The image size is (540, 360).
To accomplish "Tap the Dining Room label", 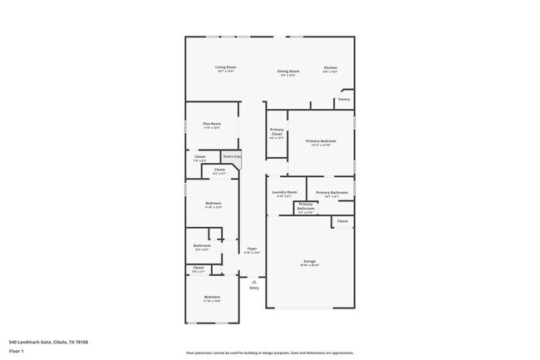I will coord(288,72).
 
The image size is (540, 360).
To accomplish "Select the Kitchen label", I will coord(330,68).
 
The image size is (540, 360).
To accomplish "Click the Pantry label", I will coord(343,99).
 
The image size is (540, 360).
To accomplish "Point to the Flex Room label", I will coord(212,124).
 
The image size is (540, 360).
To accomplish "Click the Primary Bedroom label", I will coord(321,141).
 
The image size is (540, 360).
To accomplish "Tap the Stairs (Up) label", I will coord(232,156).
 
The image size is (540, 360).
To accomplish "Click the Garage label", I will coord(309,261).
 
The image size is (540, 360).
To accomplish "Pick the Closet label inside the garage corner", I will coord(342,221).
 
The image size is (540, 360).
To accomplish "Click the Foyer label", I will coord(252,249).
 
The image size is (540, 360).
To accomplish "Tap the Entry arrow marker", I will coord(253,281).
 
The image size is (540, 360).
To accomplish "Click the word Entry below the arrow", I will coord(253,288).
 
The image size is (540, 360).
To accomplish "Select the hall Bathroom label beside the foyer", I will coord(202,245).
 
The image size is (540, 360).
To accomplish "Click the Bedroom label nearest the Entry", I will coord(212,297).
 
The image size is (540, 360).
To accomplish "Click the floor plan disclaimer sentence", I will coord(269,353).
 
